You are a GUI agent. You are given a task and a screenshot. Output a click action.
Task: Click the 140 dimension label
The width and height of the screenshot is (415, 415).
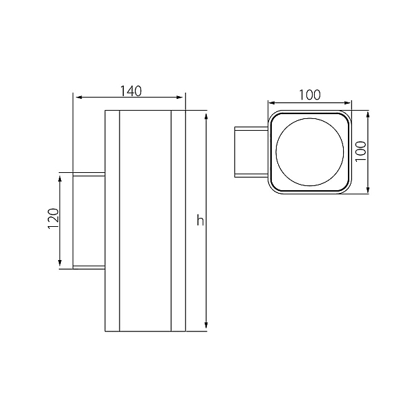pos(131,91)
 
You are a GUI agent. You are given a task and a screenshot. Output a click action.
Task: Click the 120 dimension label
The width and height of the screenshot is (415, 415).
pos(53,219)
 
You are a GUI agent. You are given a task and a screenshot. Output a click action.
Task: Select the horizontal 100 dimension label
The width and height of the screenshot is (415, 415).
pos(310,95)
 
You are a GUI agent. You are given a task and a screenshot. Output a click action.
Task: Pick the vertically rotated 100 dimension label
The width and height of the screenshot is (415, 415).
pos(360,151)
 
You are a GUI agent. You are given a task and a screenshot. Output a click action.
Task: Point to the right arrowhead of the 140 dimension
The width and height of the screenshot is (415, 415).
pos(179,98)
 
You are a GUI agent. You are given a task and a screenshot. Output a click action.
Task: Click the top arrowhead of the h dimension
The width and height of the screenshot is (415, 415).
pos(206,116)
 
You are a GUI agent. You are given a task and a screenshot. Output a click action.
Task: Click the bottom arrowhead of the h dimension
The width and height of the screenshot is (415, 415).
pos(206,325)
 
